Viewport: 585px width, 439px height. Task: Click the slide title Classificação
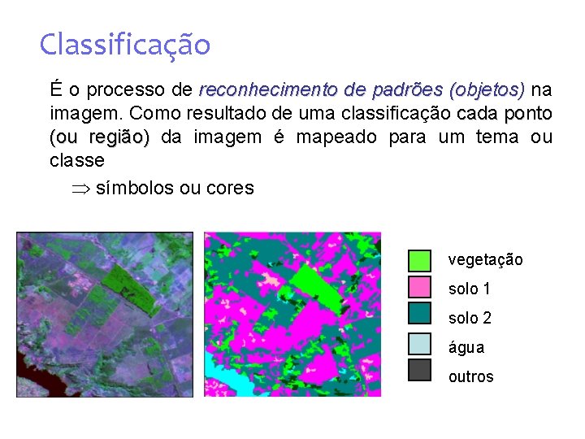(x=124, y=44)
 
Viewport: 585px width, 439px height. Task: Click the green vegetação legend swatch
(x=419, y=260)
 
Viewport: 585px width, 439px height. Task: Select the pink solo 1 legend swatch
(x=419, y=288)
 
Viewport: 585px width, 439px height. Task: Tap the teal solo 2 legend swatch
(x=419, y=315)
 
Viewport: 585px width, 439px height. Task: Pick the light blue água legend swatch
(x=419, y=344)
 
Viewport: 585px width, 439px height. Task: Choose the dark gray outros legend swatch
(x=419, y=371)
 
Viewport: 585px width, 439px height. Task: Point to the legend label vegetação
(x=485, y=260)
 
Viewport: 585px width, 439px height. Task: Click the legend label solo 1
(x=470, y=289)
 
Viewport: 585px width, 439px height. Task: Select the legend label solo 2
(x=470, y=318)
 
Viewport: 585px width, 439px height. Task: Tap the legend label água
(x=466, y=347)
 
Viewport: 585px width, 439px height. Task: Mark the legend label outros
(x=470, y=376)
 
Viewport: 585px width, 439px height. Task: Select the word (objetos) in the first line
(x=487, y=88)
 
